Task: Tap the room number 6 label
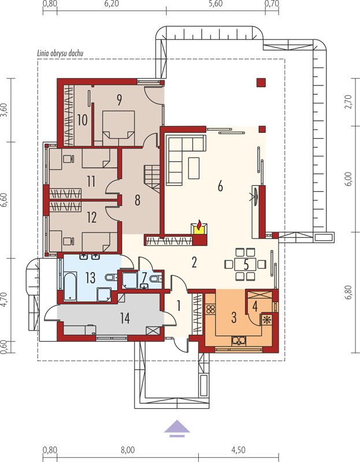point(220,186)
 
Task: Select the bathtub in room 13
point(70,286)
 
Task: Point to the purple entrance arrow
point(177,428)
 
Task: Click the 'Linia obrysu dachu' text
point(60,53)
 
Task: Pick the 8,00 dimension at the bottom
point(128,450)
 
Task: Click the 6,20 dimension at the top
point(112,4)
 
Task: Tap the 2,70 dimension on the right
point(349,102)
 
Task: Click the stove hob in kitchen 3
point(210,309)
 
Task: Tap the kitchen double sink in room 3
point(239,340)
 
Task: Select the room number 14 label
point(125,318)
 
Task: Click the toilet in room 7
point(155,278)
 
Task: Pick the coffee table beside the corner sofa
point(194,167)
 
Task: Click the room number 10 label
point(82,120)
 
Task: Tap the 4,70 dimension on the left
point(4,300)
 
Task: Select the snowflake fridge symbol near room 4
point(266,320)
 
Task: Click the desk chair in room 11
point(68,159)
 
